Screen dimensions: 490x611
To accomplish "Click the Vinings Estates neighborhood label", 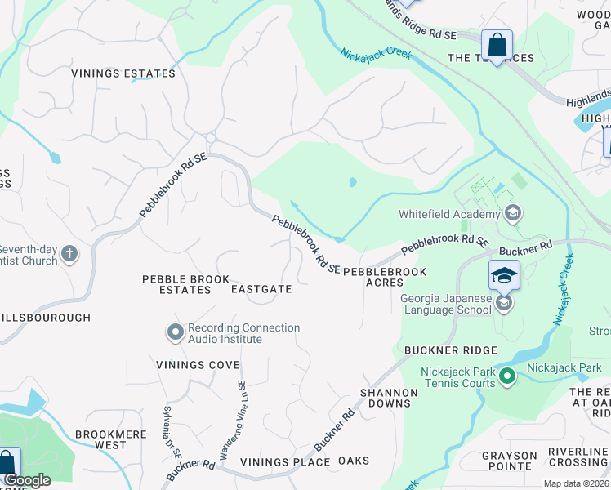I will coord(123,73).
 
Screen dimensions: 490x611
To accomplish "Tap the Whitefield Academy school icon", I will coord(513,215).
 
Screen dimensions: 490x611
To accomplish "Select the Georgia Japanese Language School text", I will coord(446,304).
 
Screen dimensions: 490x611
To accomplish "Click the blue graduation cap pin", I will coord(504,275).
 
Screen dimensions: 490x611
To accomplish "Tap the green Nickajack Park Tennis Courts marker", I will coord(507,377).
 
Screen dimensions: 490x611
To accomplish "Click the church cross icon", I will coord(69,254).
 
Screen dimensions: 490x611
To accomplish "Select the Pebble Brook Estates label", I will coord(176,284).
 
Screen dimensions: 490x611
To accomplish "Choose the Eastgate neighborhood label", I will coord(261,289).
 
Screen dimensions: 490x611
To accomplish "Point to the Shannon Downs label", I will coord(390,399).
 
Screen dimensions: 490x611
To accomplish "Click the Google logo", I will coord(27,480).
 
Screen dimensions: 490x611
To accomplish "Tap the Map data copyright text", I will coord(576,483).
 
